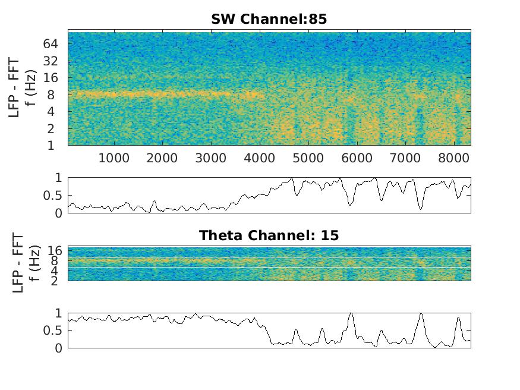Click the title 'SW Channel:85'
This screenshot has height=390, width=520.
269,19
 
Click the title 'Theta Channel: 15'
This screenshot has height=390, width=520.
269,235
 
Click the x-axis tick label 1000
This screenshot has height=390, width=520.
114,158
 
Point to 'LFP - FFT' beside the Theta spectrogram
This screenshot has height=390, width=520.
18,263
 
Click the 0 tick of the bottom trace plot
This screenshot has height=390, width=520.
58,348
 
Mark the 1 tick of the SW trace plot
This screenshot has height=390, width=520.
58,178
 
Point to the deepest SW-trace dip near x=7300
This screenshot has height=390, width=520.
421,209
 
